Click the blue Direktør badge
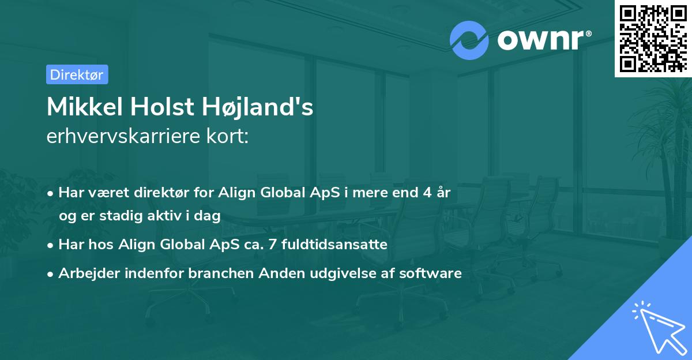pyautogui.click(x=77, y=74)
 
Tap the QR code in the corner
pyautogui.click(x=653, y=39)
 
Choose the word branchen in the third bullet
pyautogui.click(x=221, y=273)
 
